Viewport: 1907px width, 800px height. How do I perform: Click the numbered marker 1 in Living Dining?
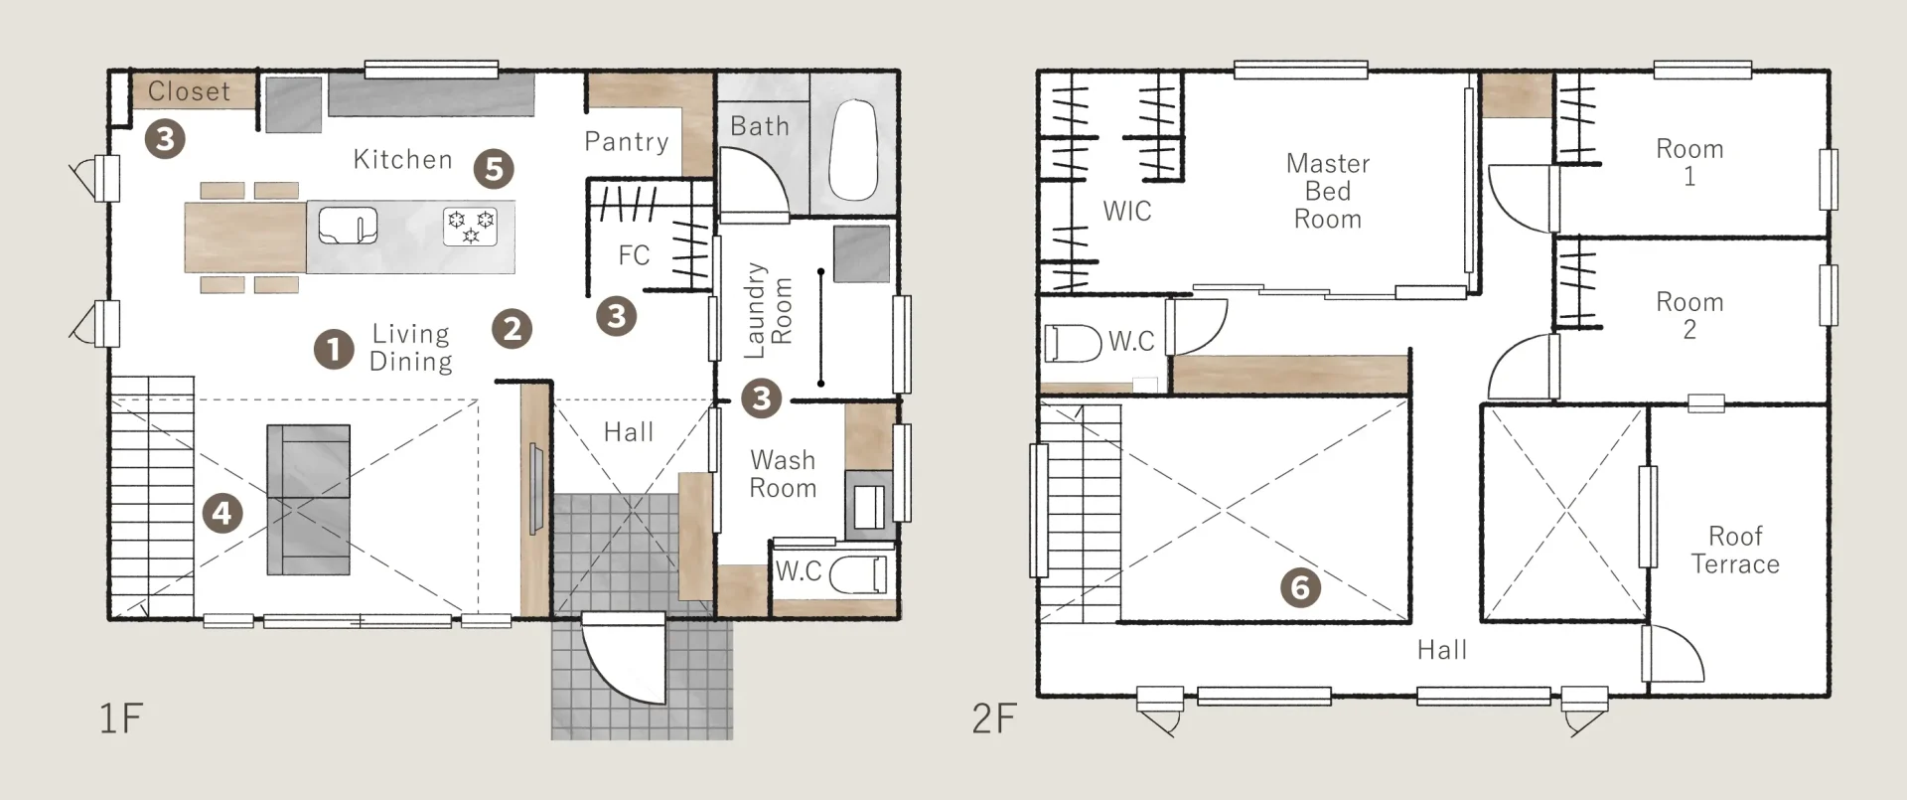pyautogui.click(x=334, y=349)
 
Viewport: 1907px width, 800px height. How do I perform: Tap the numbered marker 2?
pyautogui.click(x=513, y=328)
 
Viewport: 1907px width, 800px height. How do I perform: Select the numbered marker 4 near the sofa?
pyautogui.click(x=222, y=513)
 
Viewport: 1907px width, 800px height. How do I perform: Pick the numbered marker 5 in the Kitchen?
pyautogui.click(x=494, y=169)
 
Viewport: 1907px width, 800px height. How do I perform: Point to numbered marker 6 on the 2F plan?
pyautogui.click(x=1300, y=587)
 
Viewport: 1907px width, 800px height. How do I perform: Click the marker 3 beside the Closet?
pyautogui.click(x=165, y=138)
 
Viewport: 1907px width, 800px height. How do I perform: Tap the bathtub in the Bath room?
pyautogui.click(x=853, y=150)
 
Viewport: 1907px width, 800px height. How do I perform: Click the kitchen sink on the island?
pyautogui.click(x=348, y=225)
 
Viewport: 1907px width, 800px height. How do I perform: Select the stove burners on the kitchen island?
pyautogui.click(x=470, y=227)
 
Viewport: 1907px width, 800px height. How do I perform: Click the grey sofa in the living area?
pyautogui.click(x=308, y=500)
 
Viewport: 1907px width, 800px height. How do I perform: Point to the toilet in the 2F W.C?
pyautogui.click(x=1073, y=342)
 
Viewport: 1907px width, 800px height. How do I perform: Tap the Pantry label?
pyautogui.click(x=626, y=142)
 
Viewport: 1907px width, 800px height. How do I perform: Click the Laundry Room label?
pyautogui.click(x=769, y=310)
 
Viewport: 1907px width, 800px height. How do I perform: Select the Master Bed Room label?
pyautogui.click(x=1328, y=191)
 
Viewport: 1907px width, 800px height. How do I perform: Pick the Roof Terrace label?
pyautogui.click(x=1735, y=550)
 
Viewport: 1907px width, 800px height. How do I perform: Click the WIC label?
pyautogui.click(x=1127, y=211)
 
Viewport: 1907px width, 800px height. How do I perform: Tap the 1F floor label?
pyautogui.click(x=121, y=718)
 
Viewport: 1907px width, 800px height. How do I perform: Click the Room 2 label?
pyautogui.click(x=1689, y=315)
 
